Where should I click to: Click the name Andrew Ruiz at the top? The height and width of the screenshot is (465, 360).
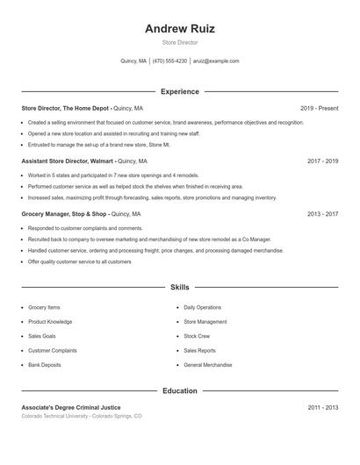(x=179, y=28)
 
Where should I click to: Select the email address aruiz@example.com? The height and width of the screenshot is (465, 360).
(x=216, y=61)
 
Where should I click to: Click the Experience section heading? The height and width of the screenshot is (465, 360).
(x=179, y=91)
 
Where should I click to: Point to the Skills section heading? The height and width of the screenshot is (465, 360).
(x=179, y=287)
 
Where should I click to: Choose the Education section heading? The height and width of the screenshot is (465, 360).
(x=179, y=390)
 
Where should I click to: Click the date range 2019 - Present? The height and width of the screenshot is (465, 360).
(x=319, y=108)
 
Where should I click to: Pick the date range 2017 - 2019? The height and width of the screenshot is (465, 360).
(x=322, y=161)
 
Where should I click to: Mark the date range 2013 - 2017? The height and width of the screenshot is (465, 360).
(x=322, y=214)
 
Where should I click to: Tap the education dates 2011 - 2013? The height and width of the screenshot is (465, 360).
(x=322, y=408)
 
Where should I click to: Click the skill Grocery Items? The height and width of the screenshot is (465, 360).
(x=44, y=308)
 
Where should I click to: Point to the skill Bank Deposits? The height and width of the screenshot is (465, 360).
(x=45, y=365)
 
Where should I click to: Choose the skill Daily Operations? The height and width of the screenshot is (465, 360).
(x=202, y=308)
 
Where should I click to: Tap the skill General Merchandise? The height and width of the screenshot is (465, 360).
(x=207, y=365)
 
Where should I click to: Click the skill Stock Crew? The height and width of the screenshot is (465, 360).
(x=197, y=336)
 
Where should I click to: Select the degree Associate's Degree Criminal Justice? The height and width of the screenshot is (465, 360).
(x=71, y=408)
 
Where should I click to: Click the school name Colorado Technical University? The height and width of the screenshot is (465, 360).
(x=57, y=416)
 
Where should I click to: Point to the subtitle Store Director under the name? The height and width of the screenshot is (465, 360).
(x=179, y=42)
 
